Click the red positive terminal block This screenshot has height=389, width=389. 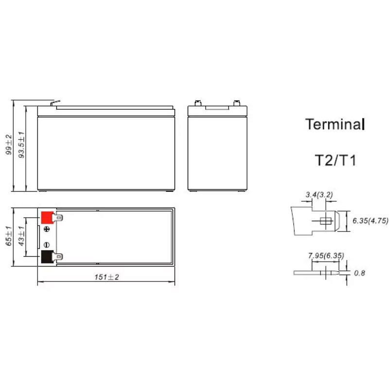(47, 217)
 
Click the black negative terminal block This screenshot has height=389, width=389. (47, 257)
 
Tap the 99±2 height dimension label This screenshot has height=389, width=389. (9, 144)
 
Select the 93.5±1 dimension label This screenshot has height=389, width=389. (22, 145)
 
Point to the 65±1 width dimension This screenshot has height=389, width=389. (9, 236)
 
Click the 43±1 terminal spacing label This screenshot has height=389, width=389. (21, 236)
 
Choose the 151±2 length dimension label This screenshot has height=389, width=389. (106, 277)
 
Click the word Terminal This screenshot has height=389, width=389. (335, 124)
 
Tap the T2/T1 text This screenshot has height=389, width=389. (336, 160)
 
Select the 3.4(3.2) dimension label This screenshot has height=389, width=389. (319, 195)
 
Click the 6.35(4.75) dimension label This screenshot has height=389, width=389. (370, 221)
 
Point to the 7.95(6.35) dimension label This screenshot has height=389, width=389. (326, 256)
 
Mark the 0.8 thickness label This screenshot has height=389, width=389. (359, 273)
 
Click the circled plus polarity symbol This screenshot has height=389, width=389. (47, 229)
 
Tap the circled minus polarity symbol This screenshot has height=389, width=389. (47, 245)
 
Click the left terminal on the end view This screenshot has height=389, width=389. (198, 103)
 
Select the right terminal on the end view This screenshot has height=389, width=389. (237, 103)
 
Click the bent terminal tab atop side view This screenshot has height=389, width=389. (55, 103)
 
